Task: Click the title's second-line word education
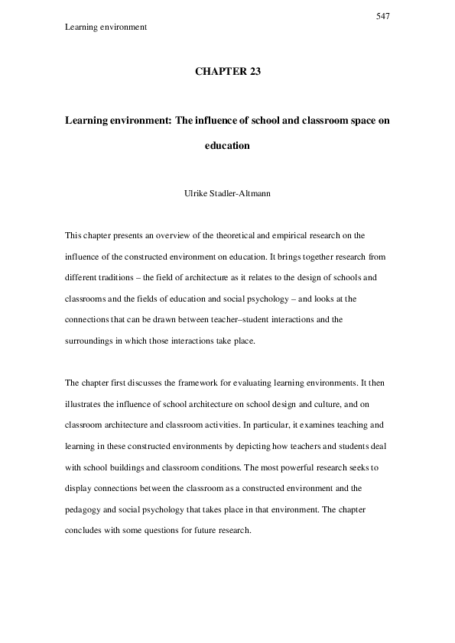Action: [227, 145]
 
